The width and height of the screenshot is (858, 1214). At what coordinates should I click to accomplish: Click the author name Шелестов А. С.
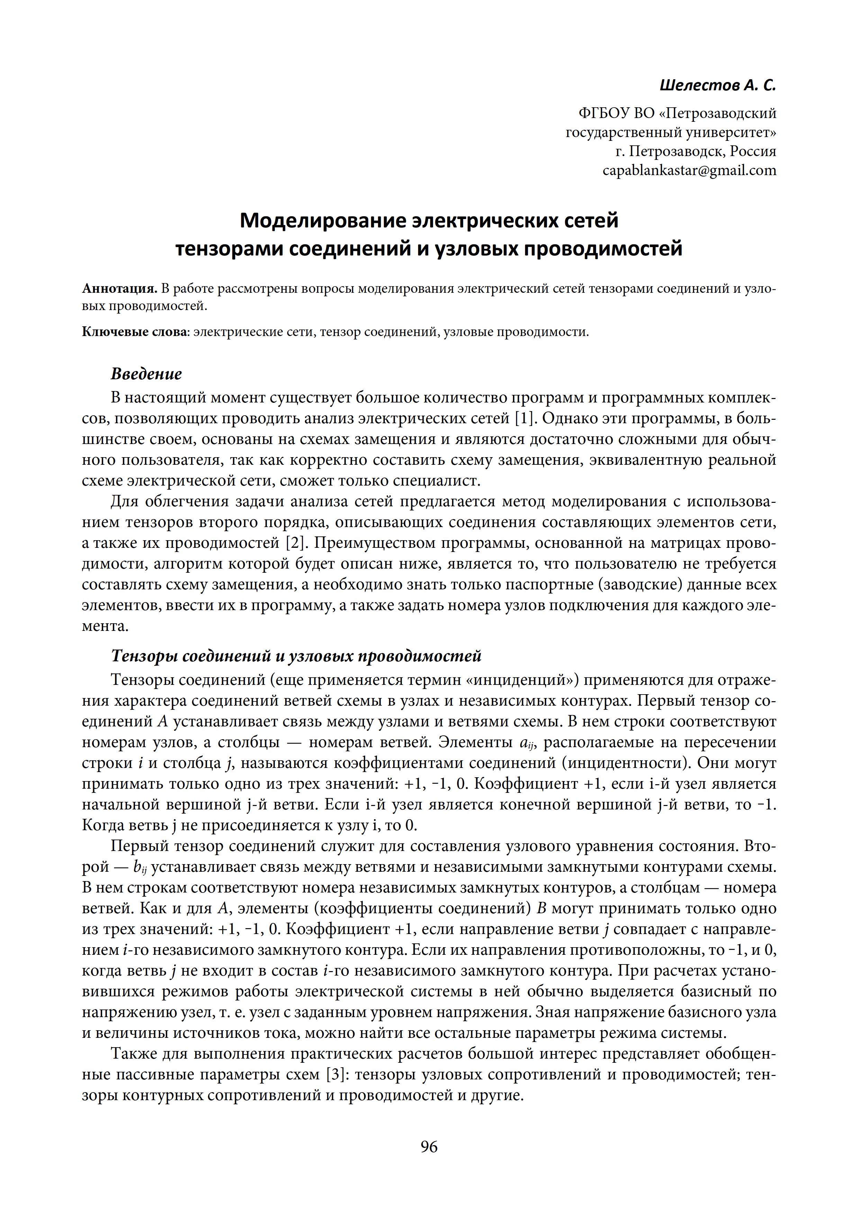point(718,84)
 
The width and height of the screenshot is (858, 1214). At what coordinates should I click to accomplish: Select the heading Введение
point(146,374)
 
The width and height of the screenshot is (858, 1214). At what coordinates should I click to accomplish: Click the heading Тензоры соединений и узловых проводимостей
point(296,656)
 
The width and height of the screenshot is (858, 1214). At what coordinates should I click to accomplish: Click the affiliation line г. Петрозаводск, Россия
point(696,152)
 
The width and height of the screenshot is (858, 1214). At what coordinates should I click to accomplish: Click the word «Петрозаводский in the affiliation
point(717,113)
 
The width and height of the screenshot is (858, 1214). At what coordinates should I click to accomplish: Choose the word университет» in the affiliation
point(731,133)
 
